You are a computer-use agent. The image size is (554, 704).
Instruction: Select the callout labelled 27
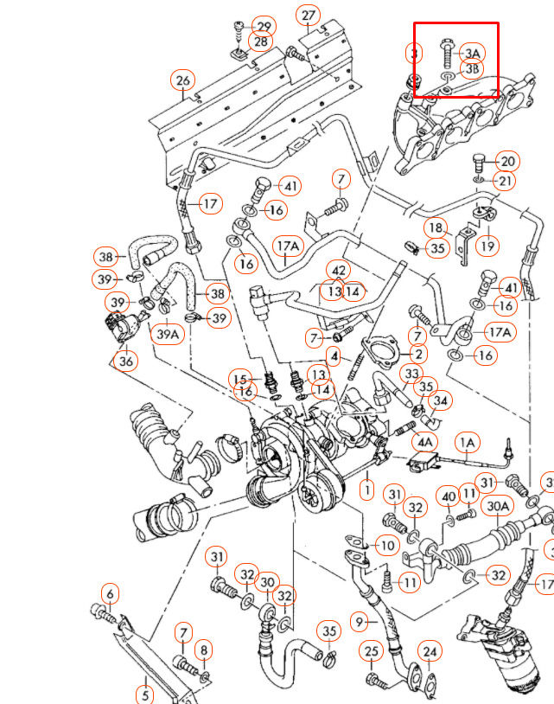(309, 15)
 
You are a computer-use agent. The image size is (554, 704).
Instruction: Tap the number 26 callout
(182, 80)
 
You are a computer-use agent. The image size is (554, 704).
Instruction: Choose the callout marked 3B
(472, 68)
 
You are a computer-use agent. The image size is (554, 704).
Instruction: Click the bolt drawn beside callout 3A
(446, 54)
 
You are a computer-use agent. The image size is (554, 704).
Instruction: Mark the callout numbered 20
(507, 161)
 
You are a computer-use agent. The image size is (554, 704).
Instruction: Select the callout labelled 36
(126, 362)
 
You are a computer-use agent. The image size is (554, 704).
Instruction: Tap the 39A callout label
(169, 332)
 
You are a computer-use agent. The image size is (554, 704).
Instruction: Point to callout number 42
(339, 272)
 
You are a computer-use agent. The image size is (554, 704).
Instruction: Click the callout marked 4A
(425, 441)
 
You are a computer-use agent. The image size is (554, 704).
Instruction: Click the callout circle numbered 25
(371, 650)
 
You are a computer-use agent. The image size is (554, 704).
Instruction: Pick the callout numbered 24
(430, 651)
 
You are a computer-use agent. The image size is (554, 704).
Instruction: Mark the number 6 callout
(109, 594)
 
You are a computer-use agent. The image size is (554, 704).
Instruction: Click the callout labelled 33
(411, 373)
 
